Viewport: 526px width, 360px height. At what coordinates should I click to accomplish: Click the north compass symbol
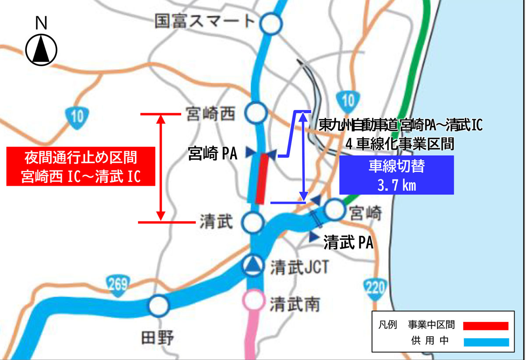click(41, 49)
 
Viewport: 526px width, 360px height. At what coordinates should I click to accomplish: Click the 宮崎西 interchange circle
click(256, 114)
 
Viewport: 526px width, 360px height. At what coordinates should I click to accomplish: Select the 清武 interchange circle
click(254, 223)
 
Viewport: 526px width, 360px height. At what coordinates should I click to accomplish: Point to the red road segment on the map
click(261, 178)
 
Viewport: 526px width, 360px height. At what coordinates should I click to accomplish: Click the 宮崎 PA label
click(212, 153)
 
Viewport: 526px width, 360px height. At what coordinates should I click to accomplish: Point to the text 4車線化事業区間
click(399, 143)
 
